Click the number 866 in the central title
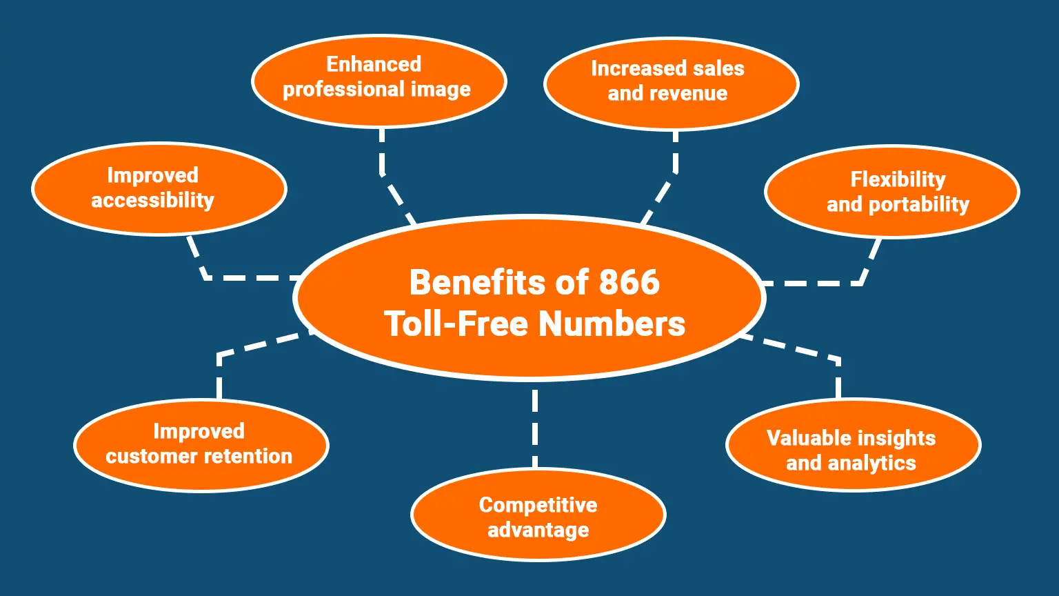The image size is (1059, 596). (x=629, y=282)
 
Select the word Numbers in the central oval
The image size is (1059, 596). (x=612, y=324)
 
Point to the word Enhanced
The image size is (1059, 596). (x=374, y=64)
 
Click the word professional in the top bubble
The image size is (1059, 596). (x=343, y=90)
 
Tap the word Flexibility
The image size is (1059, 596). (x=898, y=179)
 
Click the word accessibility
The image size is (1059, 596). (x=152, y=201)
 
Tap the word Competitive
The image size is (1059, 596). (x=538, y=505)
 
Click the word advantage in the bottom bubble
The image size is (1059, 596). (x=538, y=530)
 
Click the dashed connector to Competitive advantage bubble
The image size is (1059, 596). (x=535, y=428)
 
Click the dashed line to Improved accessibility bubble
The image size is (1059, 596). (x=241, y=278)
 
